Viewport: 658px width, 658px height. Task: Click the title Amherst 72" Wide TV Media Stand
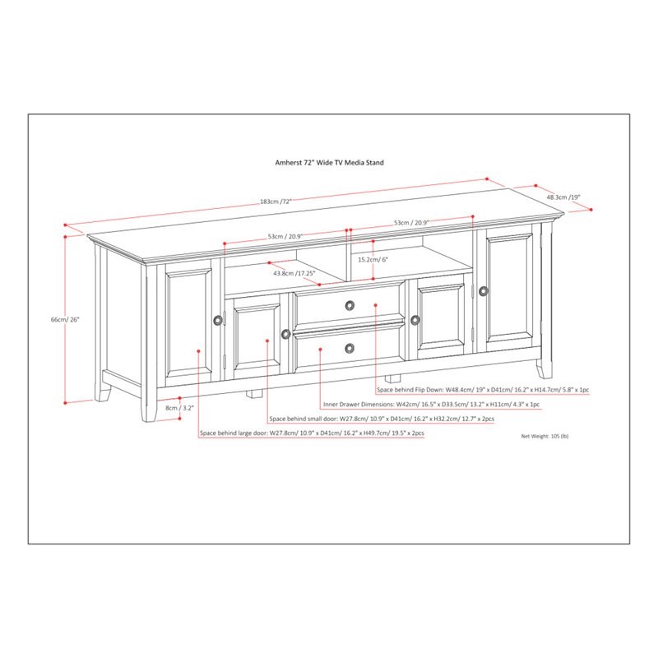click(x=330, y=162)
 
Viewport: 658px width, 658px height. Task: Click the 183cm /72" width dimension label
click(x=276, y=201)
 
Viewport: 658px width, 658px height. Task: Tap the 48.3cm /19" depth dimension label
click(x=563, y=197)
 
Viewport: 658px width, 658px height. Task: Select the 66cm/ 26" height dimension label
click(x=65, y=319)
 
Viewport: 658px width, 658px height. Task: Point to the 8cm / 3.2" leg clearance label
click(x=179, y=407)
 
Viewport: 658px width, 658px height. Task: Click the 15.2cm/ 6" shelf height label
click(x=373, y=259)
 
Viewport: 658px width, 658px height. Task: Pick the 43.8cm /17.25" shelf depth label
click(x=294, y=273)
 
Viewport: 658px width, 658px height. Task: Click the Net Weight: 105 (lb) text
click(x=544, y=436)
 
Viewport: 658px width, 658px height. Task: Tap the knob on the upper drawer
click(x=350, y=305)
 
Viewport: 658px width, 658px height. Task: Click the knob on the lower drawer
click(x=350, y=348)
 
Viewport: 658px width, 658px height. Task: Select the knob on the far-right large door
click(x=484, y=291)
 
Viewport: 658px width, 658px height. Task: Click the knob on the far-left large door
click(x=218, y=320)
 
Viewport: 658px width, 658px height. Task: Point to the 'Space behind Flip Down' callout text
click(x=483, y=390)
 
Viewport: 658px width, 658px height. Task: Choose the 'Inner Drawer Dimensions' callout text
click(x=431, y=405)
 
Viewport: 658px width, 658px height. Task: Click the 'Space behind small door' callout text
click(x=382, y=419)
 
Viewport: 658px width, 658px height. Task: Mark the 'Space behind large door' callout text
click(x=312, y=433)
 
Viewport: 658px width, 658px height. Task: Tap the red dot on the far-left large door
click(x=198, y=351)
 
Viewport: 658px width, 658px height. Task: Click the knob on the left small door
click(x=285, y=334)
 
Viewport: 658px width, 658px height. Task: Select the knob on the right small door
click(x=415, y=320)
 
